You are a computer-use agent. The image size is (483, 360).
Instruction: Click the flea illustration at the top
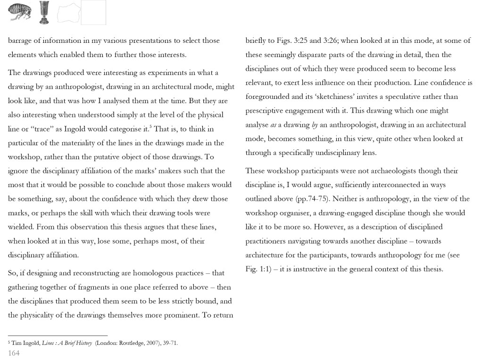(x=20, y=12)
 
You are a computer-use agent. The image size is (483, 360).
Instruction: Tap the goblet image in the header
(x=44, y=12)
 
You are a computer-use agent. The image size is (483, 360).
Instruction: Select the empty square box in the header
(x=93, y=12)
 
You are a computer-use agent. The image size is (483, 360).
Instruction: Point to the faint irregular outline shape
(x=68, y=13)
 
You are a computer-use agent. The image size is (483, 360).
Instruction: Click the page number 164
(x=14, y=353)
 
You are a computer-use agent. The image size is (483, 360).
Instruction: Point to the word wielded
(x=21, y=227)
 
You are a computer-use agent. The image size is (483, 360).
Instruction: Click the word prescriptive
(x=267, y=111)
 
